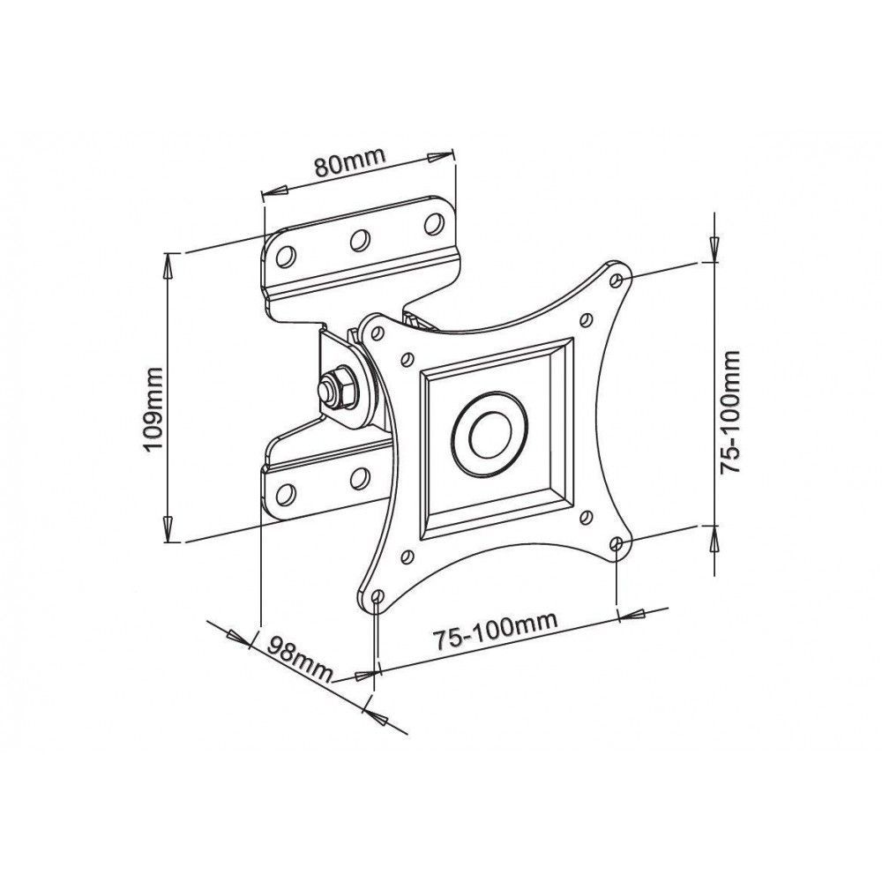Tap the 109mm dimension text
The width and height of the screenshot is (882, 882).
click(x=155, y=409)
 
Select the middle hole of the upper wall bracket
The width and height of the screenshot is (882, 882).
click(x=359, y=239)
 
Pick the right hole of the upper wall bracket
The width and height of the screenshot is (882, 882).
click(x=432, y=222)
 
